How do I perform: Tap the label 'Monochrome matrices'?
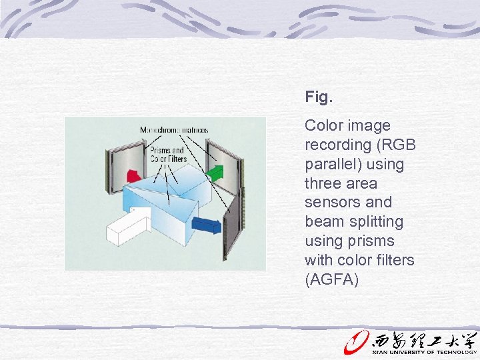[x=173, y=130]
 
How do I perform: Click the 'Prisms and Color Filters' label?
[x=167, y=155]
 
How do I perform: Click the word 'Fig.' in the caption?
[x=318, y=97]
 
